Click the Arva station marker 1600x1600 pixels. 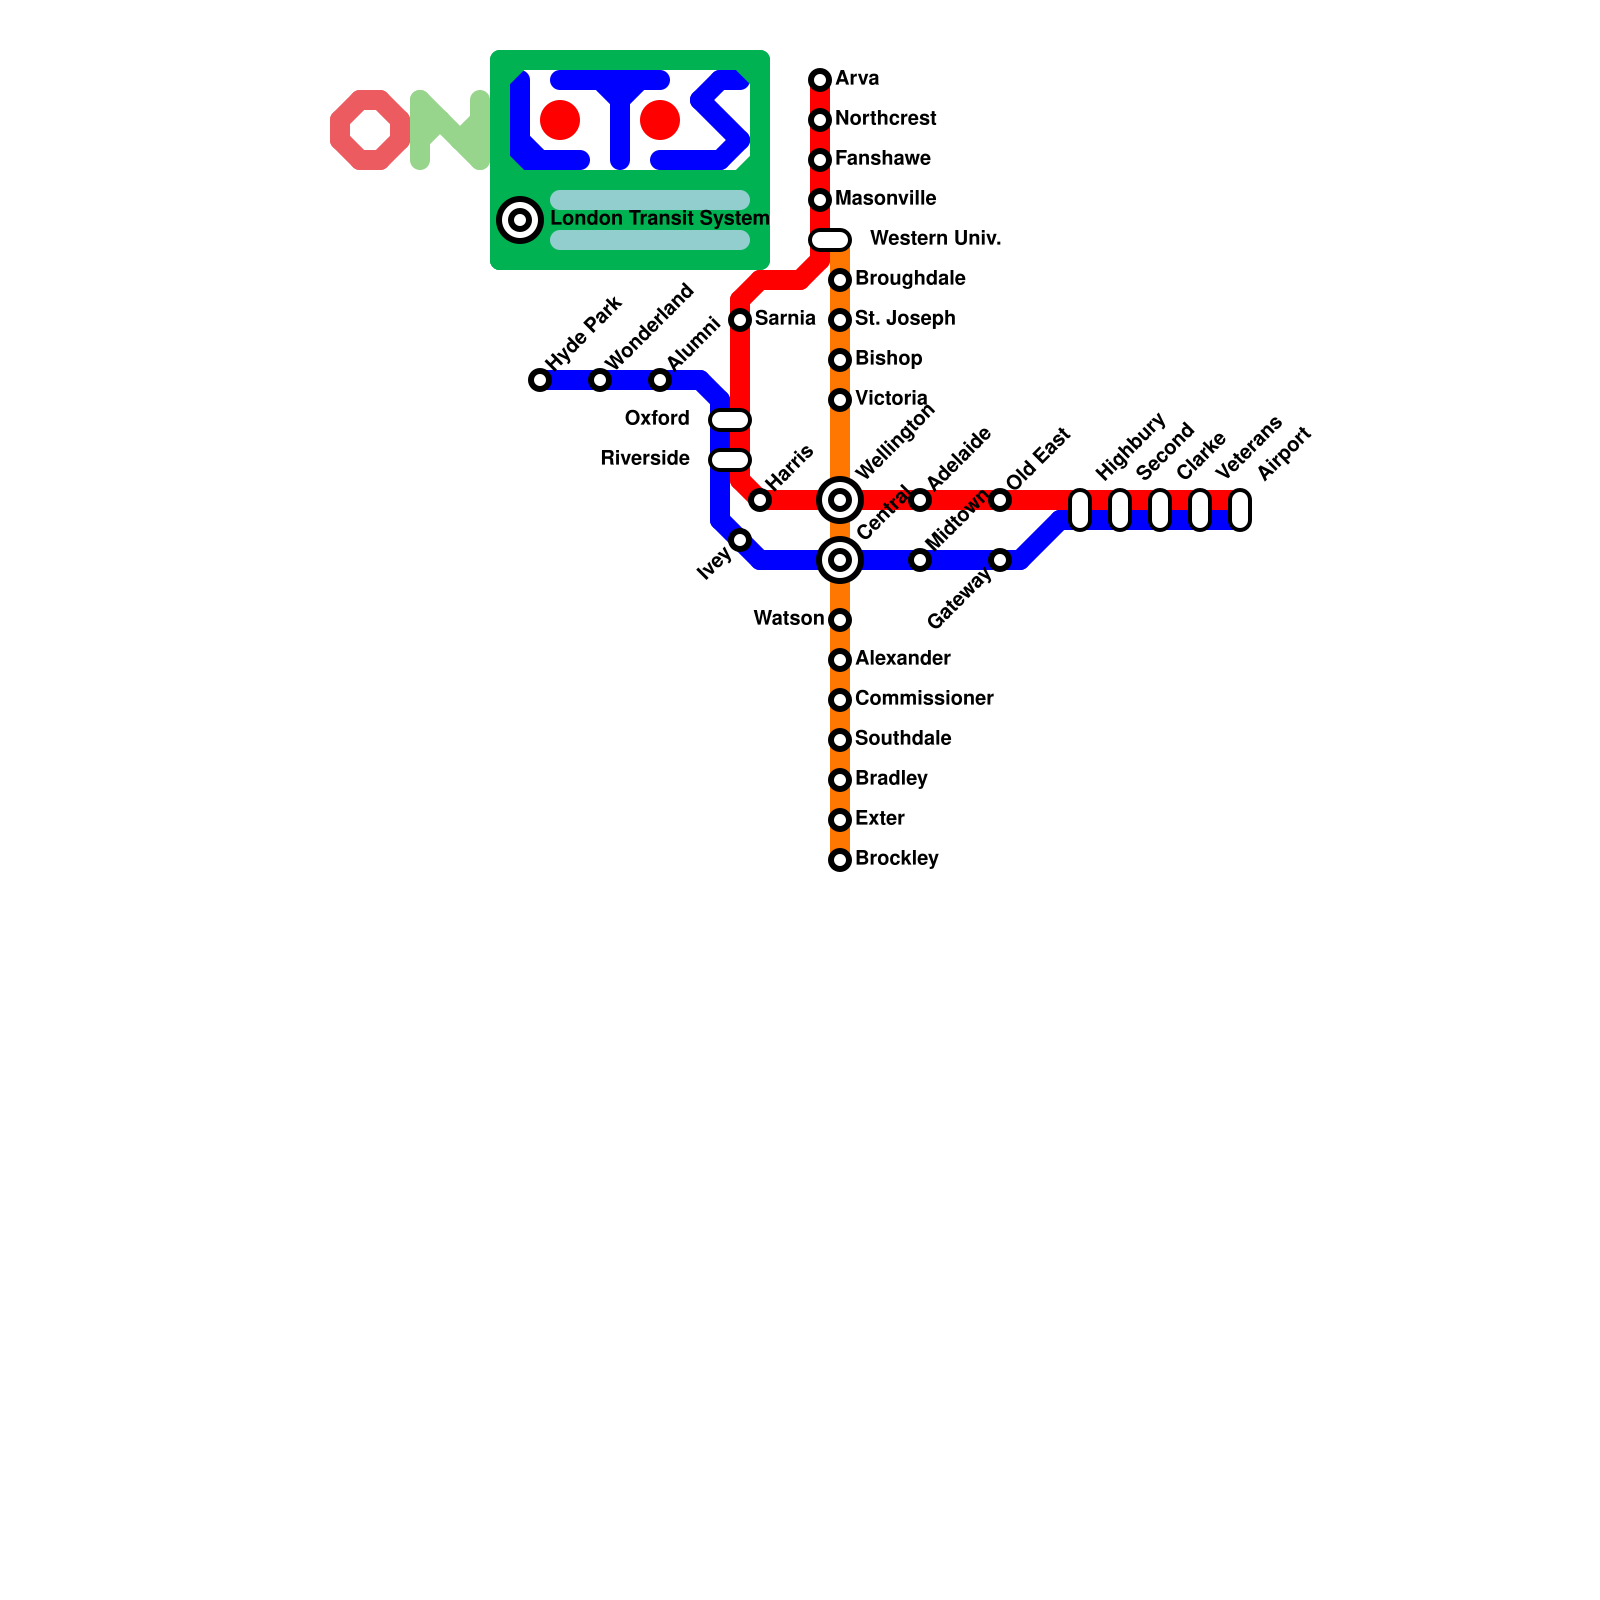tap(820, 79)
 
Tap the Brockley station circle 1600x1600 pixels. tap(840, 860)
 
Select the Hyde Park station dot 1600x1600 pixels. tap(540, 380)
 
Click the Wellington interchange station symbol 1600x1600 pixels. tap(840, 500)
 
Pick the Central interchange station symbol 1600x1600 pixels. tap(840, 560)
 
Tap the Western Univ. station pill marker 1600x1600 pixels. tap(830, 240)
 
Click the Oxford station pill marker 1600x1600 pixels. tap(730, 420)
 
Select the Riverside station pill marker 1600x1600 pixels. tap(730, 460)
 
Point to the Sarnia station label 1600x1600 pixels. tap(785, 319)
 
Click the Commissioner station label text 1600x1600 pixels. tap(924, 699)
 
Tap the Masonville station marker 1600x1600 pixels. tap(820, 200)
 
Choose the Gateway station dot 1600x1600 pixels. tap(1000, 560)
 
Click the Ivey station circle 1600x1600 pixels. tap(740, 540)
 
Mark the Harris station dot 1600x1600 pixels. tap(760, 500)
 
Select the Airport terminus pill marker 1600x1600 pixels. tap(1240, 510)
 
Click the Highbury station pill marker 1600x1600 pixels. tap(1080, 510)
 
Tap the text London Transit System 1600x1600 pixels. tap(660, 219)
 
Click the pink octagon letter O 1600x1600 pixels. tap(370, 130)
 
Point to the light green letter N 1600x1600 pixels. tap(450, 130)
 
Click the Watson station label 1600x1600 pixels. tap(788, 619)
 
